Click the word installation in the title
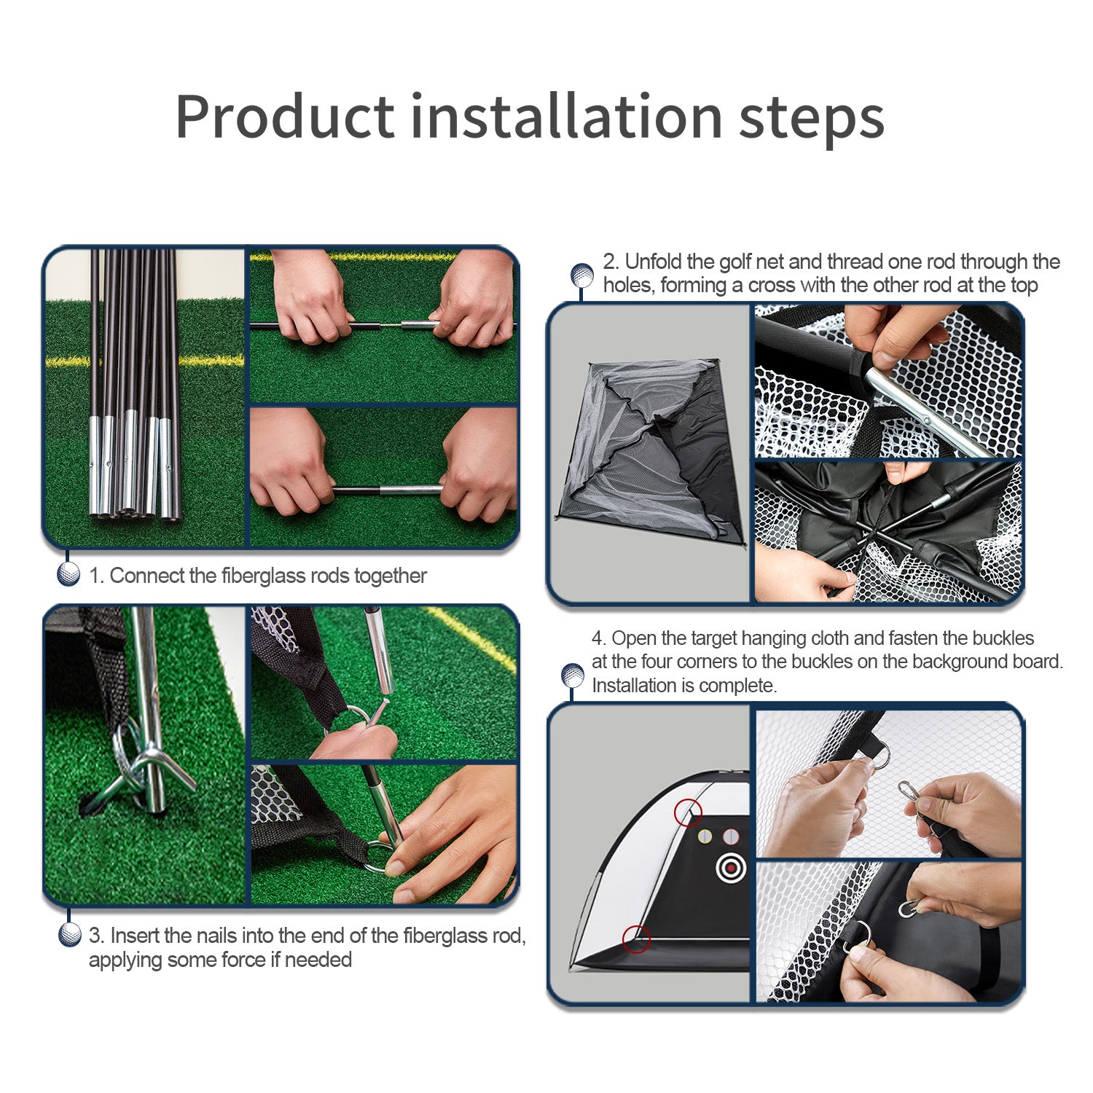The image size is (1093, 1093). click(566, 116)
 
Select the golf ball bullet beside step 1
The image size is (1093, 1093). click(68, 574)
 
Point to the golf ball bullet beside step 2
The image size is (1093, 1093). click(581, 275)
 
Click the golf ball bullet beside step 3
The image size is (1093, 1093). click(69, 934)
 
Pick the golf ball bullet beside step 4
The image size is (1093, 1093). click(573, 676)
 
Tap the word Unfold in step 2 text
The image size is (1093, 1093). click(653, 262)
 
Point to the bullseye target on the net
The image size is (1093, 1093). click(732, 868)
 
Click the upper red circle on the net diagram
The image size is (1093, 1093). click(688, 812)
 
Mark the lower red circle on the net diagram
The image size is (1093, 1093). click(636, 939)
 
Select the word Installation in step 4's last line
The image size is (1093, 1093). click(633, 686)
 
